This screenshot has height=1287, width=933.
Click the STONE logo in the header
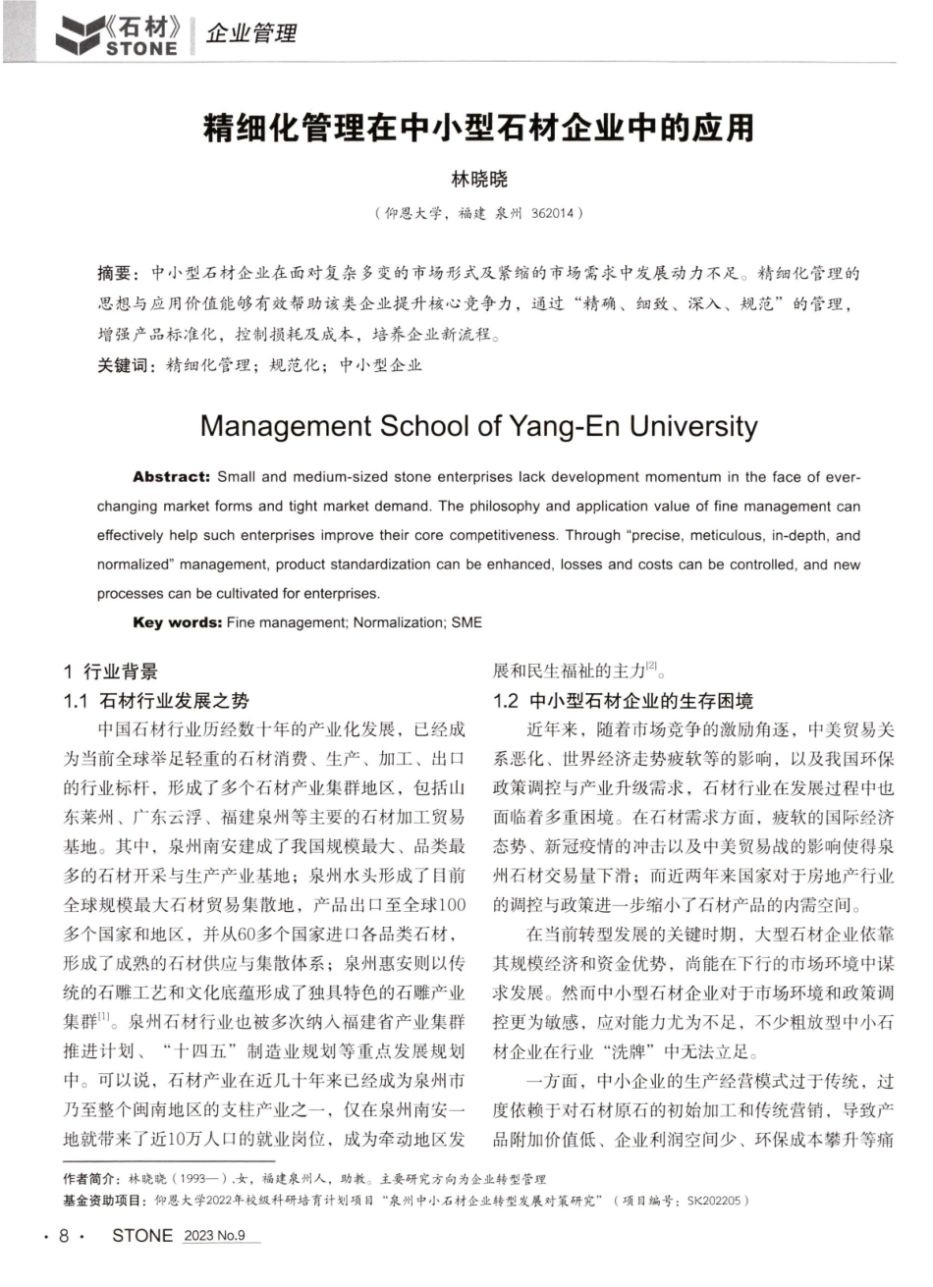click(117, 34)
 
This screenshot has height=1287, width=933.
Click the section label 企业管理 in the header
click(251, 34)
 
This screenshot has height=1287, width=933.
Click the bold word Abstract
click(171, 477)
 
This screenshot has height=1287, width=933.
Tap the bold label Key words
click(176, 622)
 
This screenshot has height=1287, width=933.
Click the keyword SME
click(466, 622)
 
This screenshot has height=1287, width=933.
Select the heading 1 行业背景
click(110, 671)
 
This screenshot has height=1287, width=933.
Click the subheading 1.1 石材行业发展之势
click(156, 701)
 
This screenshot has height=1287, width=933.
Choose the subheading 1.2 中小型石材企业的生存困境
click(622, 701)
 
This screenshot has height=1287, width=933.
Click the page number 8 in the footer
click(64, 1236)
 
